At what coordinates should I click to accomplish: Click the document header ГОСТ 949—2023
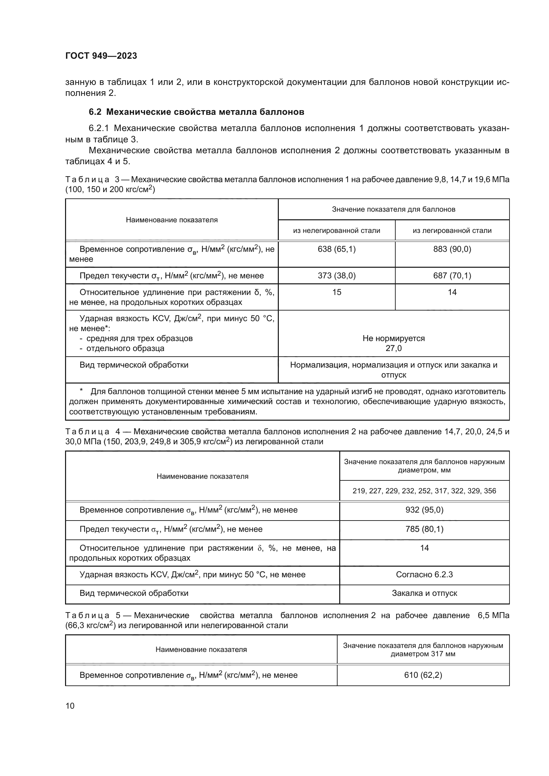pos(101,56)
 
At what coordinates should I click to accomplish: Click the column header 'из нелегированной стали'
pos(336,231)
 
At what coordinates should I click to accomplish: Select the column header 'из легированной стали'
pos(452,231)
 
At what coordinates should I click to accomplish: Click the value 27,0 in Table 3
pos(394,348)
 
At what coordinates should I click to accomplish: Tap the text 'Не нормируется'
pos(394,338)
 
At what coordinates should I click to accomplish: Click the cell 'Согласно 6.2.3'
pos(424,575)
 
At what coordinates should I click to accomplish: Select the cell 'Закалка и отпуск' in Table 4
pos(424,593)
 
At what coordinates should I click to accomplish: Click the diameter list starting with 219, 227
pos(424,491)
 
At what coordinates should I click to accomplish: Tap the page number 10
pos(70,706)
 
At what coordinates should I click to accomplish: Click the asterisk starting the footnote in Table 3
pos(81,391)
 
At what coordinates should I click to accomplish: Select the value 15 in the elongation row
pos(336,292)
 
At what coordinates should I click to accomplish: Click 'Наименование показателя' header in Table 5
pos(201,650)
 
